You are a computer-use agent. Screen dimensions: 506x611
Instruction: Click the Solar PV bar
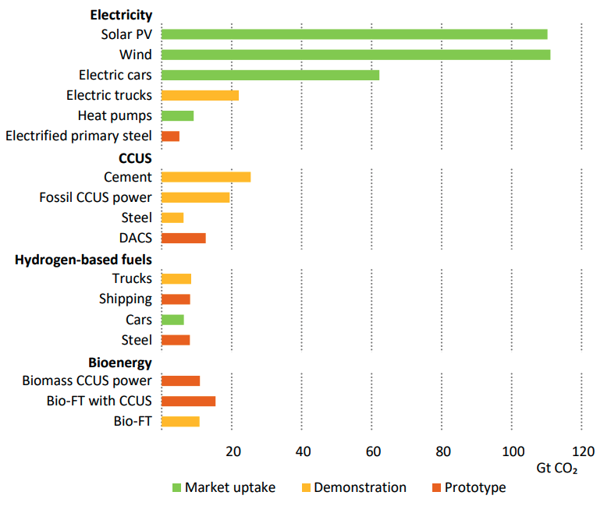click(354, 34)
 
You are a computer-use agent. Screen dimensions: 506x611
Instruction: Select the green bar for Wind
click(356, 55)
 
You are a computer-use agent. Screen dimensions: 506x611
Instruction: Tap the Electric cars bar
click(270, 75)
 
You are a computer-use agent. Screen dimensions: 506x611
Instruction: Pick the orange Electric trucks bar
click(200, 95)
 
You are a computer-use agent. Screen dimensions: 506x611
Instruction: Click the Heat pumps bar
click(177, 116)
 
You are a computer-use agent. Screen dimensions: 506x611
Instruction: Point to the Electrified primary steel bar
click(170, 136)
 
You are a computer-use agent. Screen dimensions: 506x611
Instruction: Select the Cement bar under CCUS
click(206, 177)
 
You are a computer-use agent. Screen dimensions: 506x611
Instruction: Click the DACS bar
click(183, 238)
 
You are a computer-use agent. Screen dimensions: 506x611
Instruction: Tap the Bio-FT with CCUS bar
click(188, 401)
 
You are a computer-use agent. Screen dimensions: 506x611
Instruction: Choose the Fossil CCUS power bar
click(195, 197)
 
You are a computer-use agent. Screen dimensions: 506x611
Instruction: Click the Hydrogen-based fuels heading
click(83, 259)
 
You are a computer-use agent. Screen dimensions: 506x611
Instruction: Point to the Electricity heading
click(121, 15)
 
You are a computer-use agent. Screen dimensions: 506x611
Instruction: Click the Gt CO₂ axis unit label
click(557, 469)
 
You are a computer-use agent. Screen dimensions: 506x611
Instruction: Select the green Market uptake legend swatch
click(176, 488)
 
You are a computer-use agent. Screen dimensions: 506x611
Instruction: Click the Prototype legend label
click(475, 487)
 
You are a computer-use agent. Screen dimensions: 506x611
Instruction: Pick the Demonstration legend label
click(361, 487)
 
